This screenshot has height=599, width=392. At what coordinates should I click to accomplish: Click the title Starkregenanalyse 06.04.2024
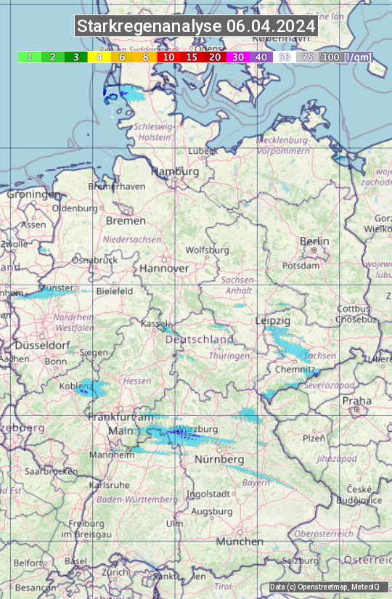[196, 27]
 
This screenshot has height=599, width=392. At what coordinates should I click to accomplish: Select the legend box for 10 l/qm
[168, 57]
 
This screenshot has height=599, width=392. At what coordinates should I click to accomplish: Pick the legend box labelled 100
[331, 57]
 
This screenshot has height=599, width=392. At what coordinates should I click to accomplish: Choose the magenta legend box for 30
[238, 57]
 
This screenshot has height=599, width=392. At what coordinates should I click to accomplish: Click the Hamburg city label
[175, 172]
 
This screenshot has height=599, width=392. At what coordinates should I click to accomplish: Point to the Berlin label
[314, 242]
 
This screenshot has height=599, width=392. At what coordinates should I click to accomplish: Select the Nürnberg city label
[219, 460]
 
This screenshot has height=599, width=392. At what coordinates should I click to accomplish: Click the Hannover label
[164, 269]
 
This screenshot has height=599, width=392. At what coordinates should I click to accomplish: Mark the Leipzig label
[273, 320]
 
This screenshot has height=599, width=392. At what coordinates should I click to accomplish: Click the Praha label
[357, 401]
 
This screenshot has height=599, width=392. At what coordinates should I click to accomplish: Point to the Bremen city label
[126, 221]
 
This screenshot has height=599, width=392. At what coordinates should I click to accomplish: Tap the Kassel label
[154, 323]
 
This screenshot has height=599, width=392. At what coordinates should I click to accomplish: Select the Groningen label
[33, 195]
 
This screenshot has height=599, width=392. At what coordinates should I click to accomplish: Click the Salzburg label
[301, 561]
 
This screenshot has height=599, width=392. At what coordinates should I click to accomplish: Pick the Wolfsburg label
[207, 250]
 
